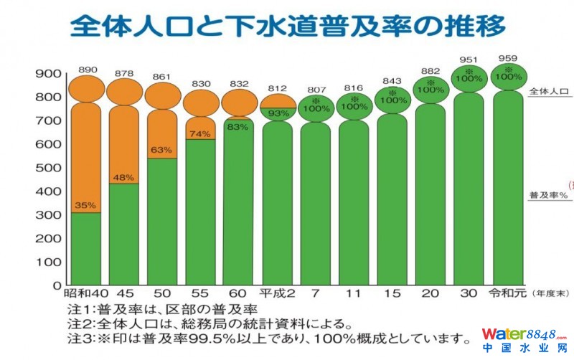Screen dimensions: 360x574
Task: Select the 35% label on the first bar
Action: (85, 205)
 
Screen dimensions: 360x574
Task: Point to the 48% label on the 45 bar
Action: (123, 177)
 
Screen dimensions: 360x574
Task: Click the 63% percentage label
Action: (162, 151)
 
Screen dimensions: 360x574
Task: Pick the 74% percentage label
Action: (200, 134)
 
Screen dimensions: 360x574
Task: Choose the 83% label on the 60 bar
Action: (238, 127)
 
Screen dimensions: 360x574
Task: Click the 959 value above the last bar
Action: (507, 57)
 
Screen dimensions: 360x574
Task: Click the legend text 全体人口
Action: (549, 93)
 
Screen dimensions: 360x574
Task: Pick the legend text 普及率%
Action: (549, 194)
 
